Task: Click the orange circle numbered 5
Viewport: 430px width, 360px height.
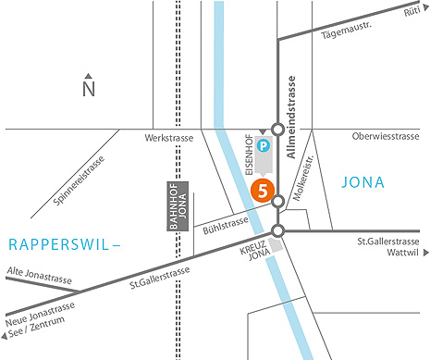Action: click(264, 192)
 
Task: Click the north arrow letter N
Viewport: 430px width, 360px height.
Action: click(89, 90)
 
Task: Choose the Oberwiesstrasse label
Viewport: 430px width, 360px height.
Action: click(387, 138)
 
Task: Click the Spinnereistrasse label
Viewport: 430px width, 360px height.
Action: click(78, 182)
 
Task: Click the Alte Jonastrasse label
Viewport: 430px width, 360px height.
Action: click(33, 272)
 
